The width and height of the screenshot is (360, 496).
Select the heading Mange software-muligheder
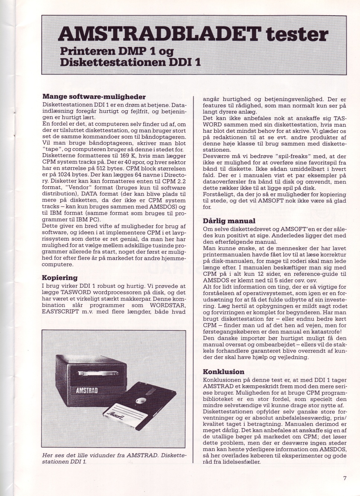(x=94, y=97)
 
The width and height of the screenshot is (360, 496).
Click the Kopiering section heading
(x=60, y=278)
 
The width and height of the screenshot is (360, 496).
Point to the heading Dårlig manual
(x=229, y=221)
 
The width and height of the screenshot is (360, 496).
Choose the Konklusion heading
(x=223, y=372)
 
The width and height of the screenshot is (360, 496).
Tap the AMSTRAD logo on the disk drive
(x=87, y=391)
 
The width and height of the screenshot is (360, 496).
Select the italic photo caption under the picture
(x=114, y=458)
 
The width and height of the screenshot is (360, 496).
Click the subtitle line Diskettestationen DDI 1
(x=130, y=62)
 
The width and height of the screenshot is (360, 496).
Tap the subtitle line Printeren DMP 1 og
(x=117, y=51)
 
